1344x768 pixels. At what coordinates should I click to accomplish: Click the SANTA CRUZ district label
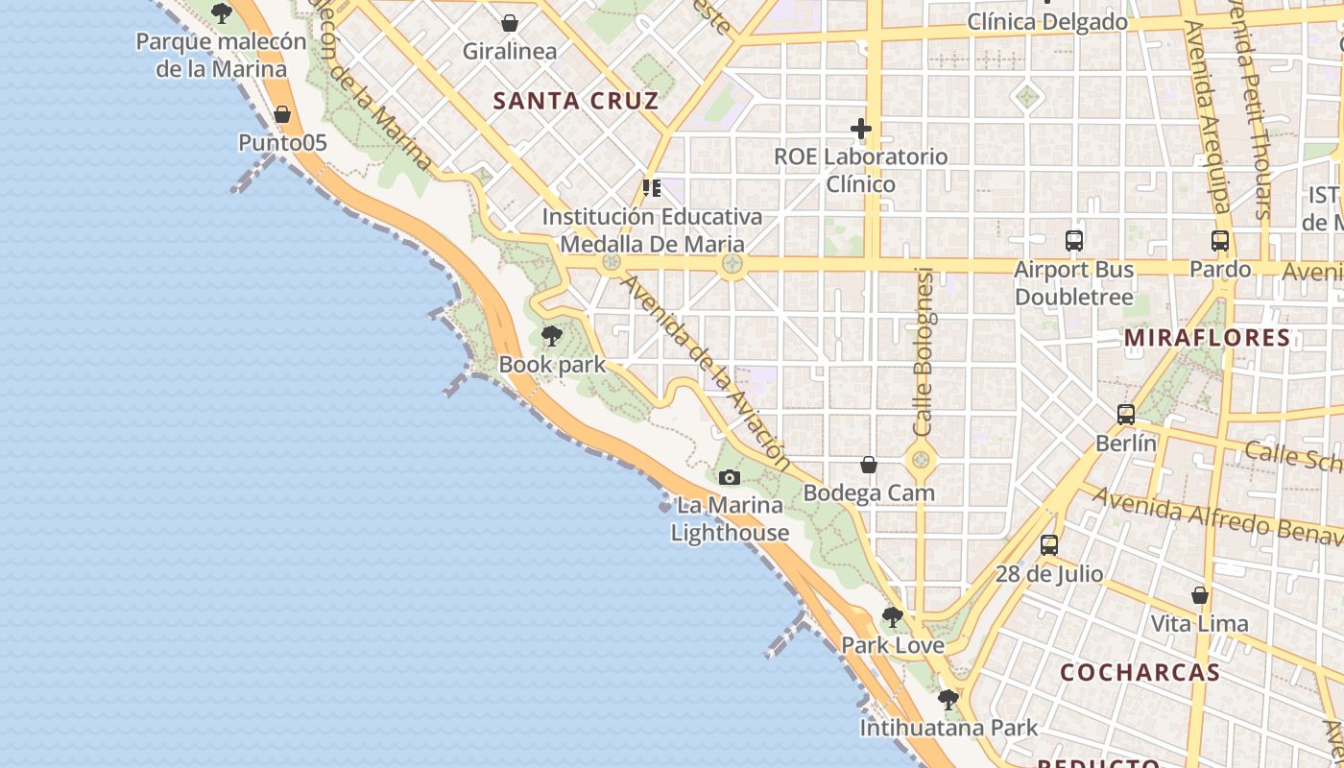(x=576, y=101)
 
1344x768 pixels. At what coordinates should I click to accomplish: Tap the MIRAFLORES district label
(x=1207, y=338)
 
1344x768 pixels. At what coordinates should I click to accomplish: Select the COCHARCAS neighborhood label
(x=1140, y=672)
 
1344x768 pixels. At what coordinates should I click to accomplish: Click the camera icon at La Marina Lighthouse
(x=730, y=477)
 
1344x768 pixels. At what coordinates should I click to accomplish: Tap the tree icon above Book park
(x=552, y=336)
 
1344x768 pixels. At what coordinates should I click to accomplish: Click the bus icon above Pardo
(x=1220, y=241)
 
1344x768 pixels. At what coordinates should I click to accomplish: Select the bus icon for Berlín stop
(x=1126, y=415)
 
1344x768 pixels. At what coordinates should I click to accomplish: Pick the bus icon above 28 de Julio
(x=1049, y=545)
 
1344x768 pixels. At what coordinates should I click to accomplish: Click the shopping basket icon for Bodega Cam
(x=869, y=465)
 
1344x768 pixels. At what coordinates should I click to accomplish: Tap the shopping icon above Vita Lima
(x=1200, y=595)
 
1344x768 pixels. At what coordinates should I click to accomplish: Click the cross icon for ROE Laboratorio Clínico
(x=861, y=128)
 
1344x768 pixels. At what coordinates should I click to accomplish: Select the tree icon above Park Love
(x=893, y=616)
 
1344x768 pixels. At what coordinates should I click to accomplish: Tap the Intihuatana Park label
(x=948, y=728)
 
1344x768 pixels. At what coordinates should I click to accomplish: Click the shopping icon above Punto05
(x=282, y=114)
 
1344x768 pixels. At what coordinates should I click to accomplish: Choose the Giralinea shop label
(x=510, y=51)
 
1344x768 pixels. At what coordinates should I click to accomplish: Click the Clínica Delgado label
(x=1047, y=21)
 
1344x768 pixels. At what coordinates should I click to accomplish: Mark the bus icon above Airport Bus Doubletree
(x=1074, y=241)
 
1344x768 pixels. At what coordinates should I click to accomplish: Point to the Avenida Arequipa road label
(x=1207, y=115)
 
